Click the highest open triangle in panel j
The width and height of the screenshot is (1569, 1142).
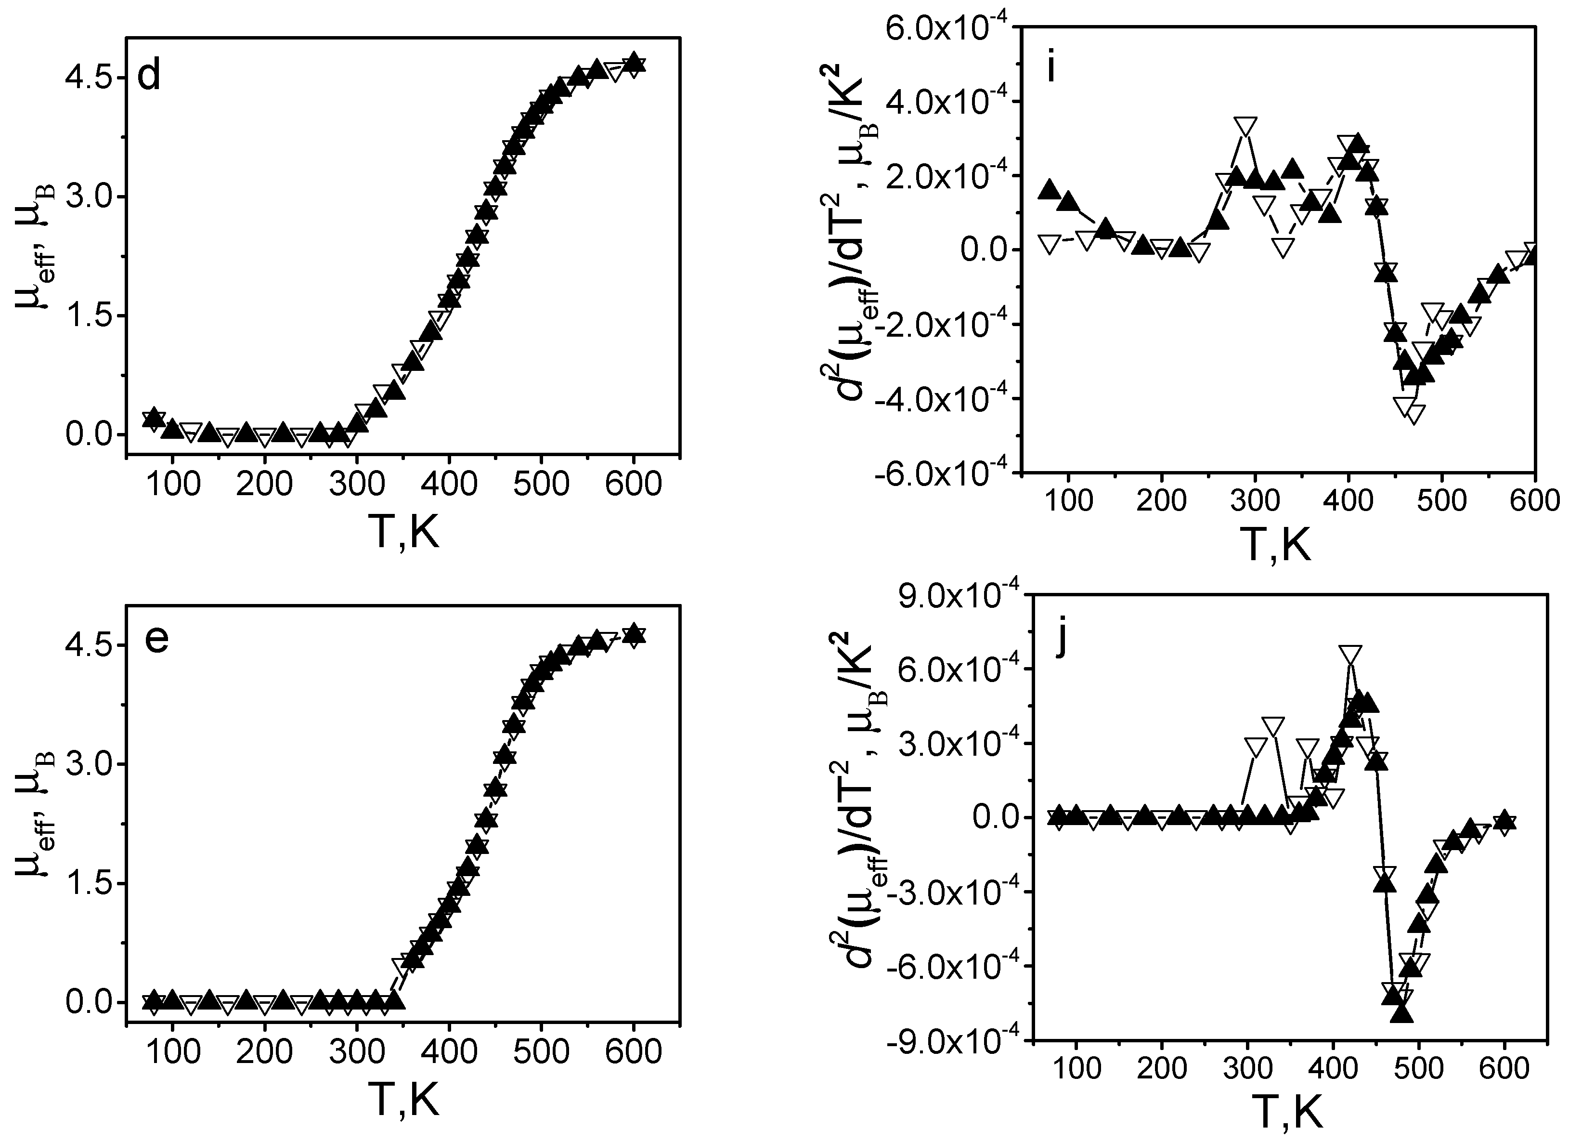(x=1350, y=653)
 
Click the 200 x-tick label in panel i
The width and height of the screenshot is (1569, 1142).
(x=1160, y=501)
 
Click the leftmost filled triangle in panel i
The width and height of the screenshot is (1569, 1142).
(x=1050, y=189)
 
